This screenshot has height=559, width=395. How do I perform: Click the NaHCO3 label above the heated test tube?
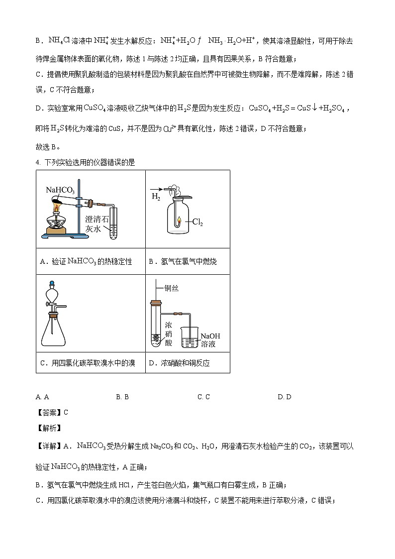point(60,190)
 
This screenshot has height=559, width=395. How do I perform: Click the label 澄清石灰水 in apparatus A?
point(97,224)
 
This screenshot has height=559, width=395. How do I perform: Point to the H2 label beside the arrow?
point(156,197)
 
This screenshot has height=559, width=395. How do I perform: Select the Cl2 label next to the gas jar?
point(198,223)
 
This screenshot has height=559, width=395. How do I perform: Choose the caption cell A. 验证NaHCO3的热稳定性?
point(86,261)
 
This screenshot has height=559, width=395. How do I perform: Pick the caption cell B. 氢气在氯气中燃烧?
point(183,261)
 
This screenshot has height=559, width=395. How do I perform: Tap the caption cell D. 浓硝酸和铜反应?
point(179,363)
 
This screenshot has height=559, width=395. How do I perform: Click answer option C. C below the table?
point(203,397)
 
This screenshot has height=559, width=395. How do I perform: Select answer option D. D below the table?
point(284,397)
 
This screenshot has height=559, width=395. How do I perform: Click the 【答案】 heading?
point(48,412)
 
